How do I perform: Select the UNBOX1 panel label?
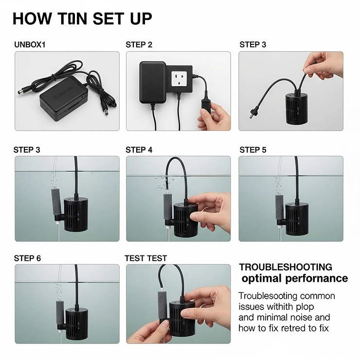point(30,45)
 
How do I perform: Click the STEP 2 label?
point(139,45)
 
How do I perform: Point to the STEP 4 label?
point(139,150)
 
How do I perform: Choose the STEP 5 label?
point(252,150)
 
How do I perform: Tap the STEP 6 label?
point(27,258)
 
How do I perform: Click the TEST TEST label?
point(145,258)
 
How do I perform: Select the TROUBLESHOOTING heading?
point(286,267)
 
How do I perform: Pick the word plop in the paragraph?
point(305,306)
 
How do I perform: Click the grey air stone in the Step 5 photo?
point(279,208)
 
